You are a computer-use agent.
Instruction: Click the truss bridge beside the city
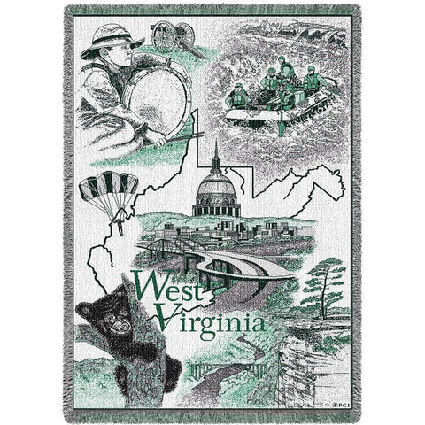(x=167, y=237)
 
